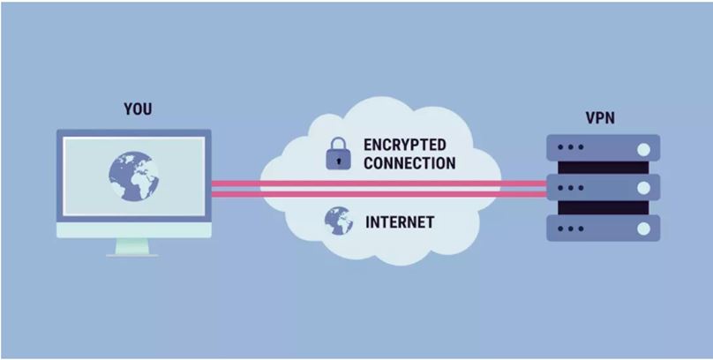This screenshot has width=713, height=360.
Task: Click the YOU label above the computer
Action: coord(138,109)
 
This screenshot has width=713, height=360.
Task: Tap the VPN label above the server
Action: coord(600,118)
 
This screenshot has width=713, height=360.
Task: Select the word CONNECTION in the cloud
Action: coord(409,163)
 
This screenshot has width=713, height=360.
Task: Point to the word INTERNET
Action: coord(400,222)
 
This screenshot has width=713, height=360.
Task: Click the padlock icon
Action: coord(338,154)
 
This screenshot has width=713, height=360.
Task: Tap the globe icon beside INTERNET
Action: coord(339,221)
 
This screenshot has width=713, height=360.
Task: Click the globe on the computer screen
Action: coord(134,176)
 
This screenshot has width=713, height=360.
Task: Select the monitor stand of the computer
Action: coord(132,247)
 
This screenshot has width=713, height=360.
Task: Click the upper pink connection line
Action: coord(379,184)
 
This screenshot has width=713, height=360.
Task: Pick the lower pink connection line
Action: coord(379,194)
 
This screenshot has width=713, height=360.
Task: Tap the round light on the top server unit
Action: coord(643,149)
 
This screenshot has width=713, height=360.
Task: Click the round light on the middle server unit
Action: coord(643,188)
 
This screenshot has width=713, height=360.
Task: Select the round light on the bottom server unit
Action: coord(643,229)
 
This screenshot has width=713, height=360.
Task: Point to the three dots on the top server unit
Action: coord(570,147)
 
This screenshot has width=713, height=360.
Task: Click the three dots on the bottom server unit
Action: coord(570,229)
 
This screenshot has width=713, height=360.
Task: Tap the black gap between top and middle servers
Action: coord(603,168)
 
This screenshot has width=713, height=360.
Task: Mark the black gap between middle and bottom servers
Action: coord(603,207)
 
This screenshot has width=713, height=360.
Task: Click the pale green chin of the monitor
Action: coord(134,230)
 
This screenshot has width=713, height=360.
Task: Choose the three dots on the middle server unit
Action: coord(570,188)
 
